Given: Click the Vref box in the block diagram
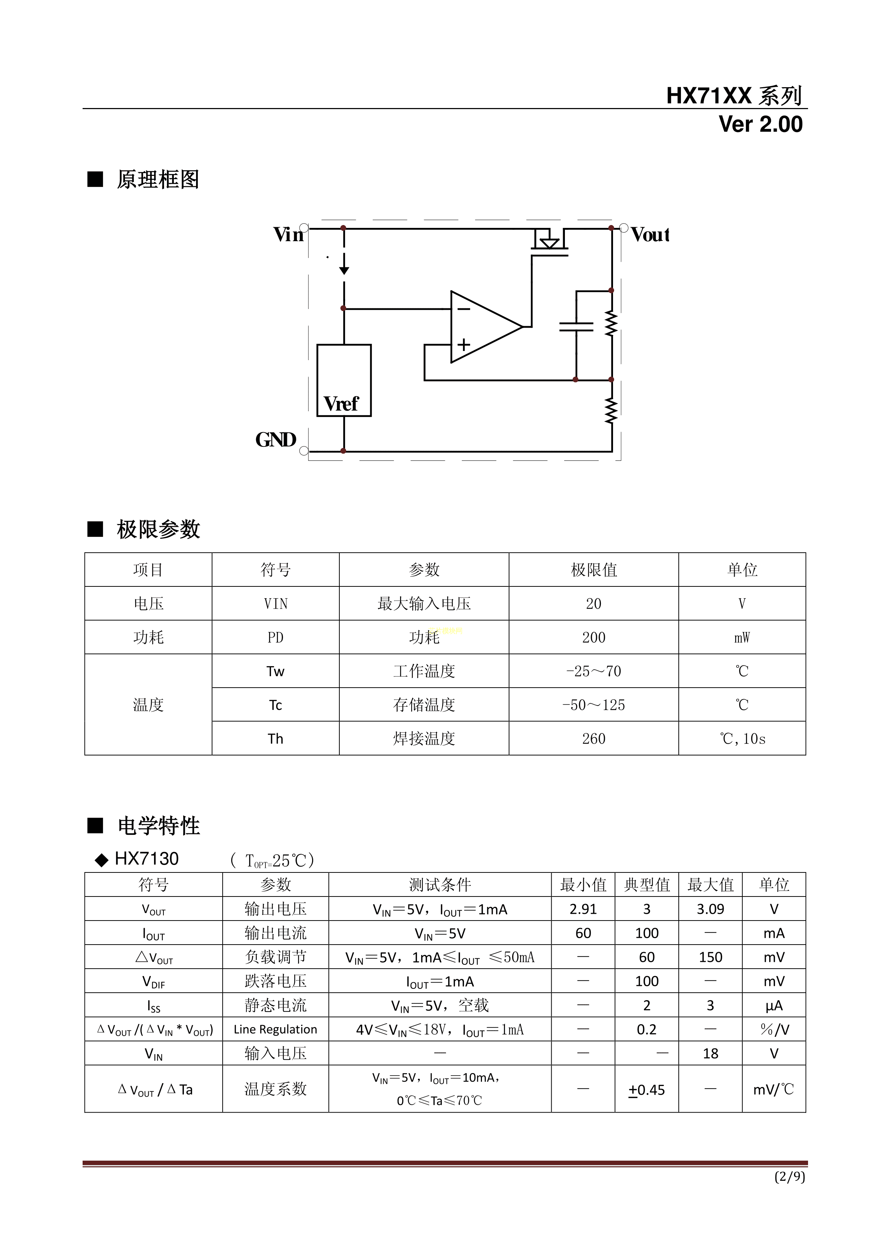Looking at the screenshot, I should (344, 380).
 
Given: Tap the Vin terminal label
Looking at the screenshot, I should (288, 235).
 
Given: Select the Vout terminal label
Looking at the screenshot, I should (650, 235).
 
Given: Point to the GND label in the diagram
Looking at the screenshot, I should (275, 440).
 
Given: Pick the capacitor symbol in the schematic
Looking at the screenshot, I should (576, 327).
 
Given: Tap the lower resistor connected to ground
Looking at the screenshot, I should (611, 411).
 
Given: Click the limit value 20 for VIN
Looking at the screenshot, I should (594, 604).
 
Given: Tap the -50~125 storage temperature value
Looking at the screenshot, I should (594, 705).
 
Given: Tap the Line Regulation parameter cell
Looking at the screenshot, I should (275, 1030).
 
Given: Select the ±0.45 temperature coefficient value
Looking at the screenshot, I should (646, 1090).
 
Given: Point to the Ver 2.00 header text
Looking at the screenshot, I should (760, 125).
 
